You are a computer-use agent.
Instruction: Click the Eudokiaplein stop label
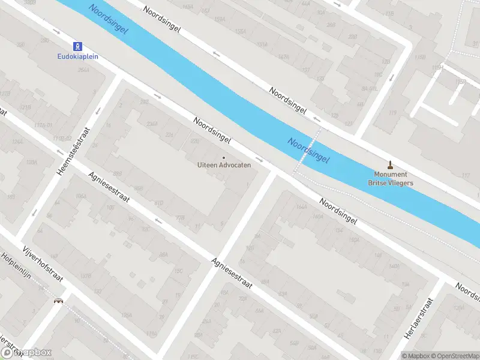pyautogui.click(x=78, y=57)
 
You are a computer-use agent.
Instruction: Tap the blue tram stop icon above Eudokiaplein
pyautogui.click(x=78, y=46)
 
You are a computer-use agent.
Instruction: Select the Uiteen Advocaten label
pyautogui.click(x=224, y=165)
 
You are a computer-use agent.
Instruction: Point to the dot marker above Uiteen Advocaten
pyautogui.click(x=224, y=158)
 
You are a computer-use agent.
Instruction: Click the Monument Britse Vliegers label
pyautogui.click(x=390, y=179)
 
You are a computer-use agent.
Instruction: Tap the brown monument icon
pyautogui.click(x=390, y=164)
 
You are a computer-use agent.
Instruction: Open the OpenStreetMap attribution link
pyautogui.click(x=454, y=356)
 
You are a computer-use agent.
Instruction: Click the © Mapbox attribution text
pyautogui.click(x=415, y=356)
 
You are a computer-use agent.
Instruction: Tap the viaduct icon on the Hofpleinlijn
pyautogui.click(x=59, y=301)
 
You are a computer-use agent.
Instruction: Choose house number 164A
pyautogui.click(x=301, y=207)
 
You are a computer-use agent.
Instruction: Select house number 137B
pyautogui.click(x=5, y=94)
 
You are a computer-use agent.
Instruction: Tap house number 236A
pyautogui.click(x=152, y=124)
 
